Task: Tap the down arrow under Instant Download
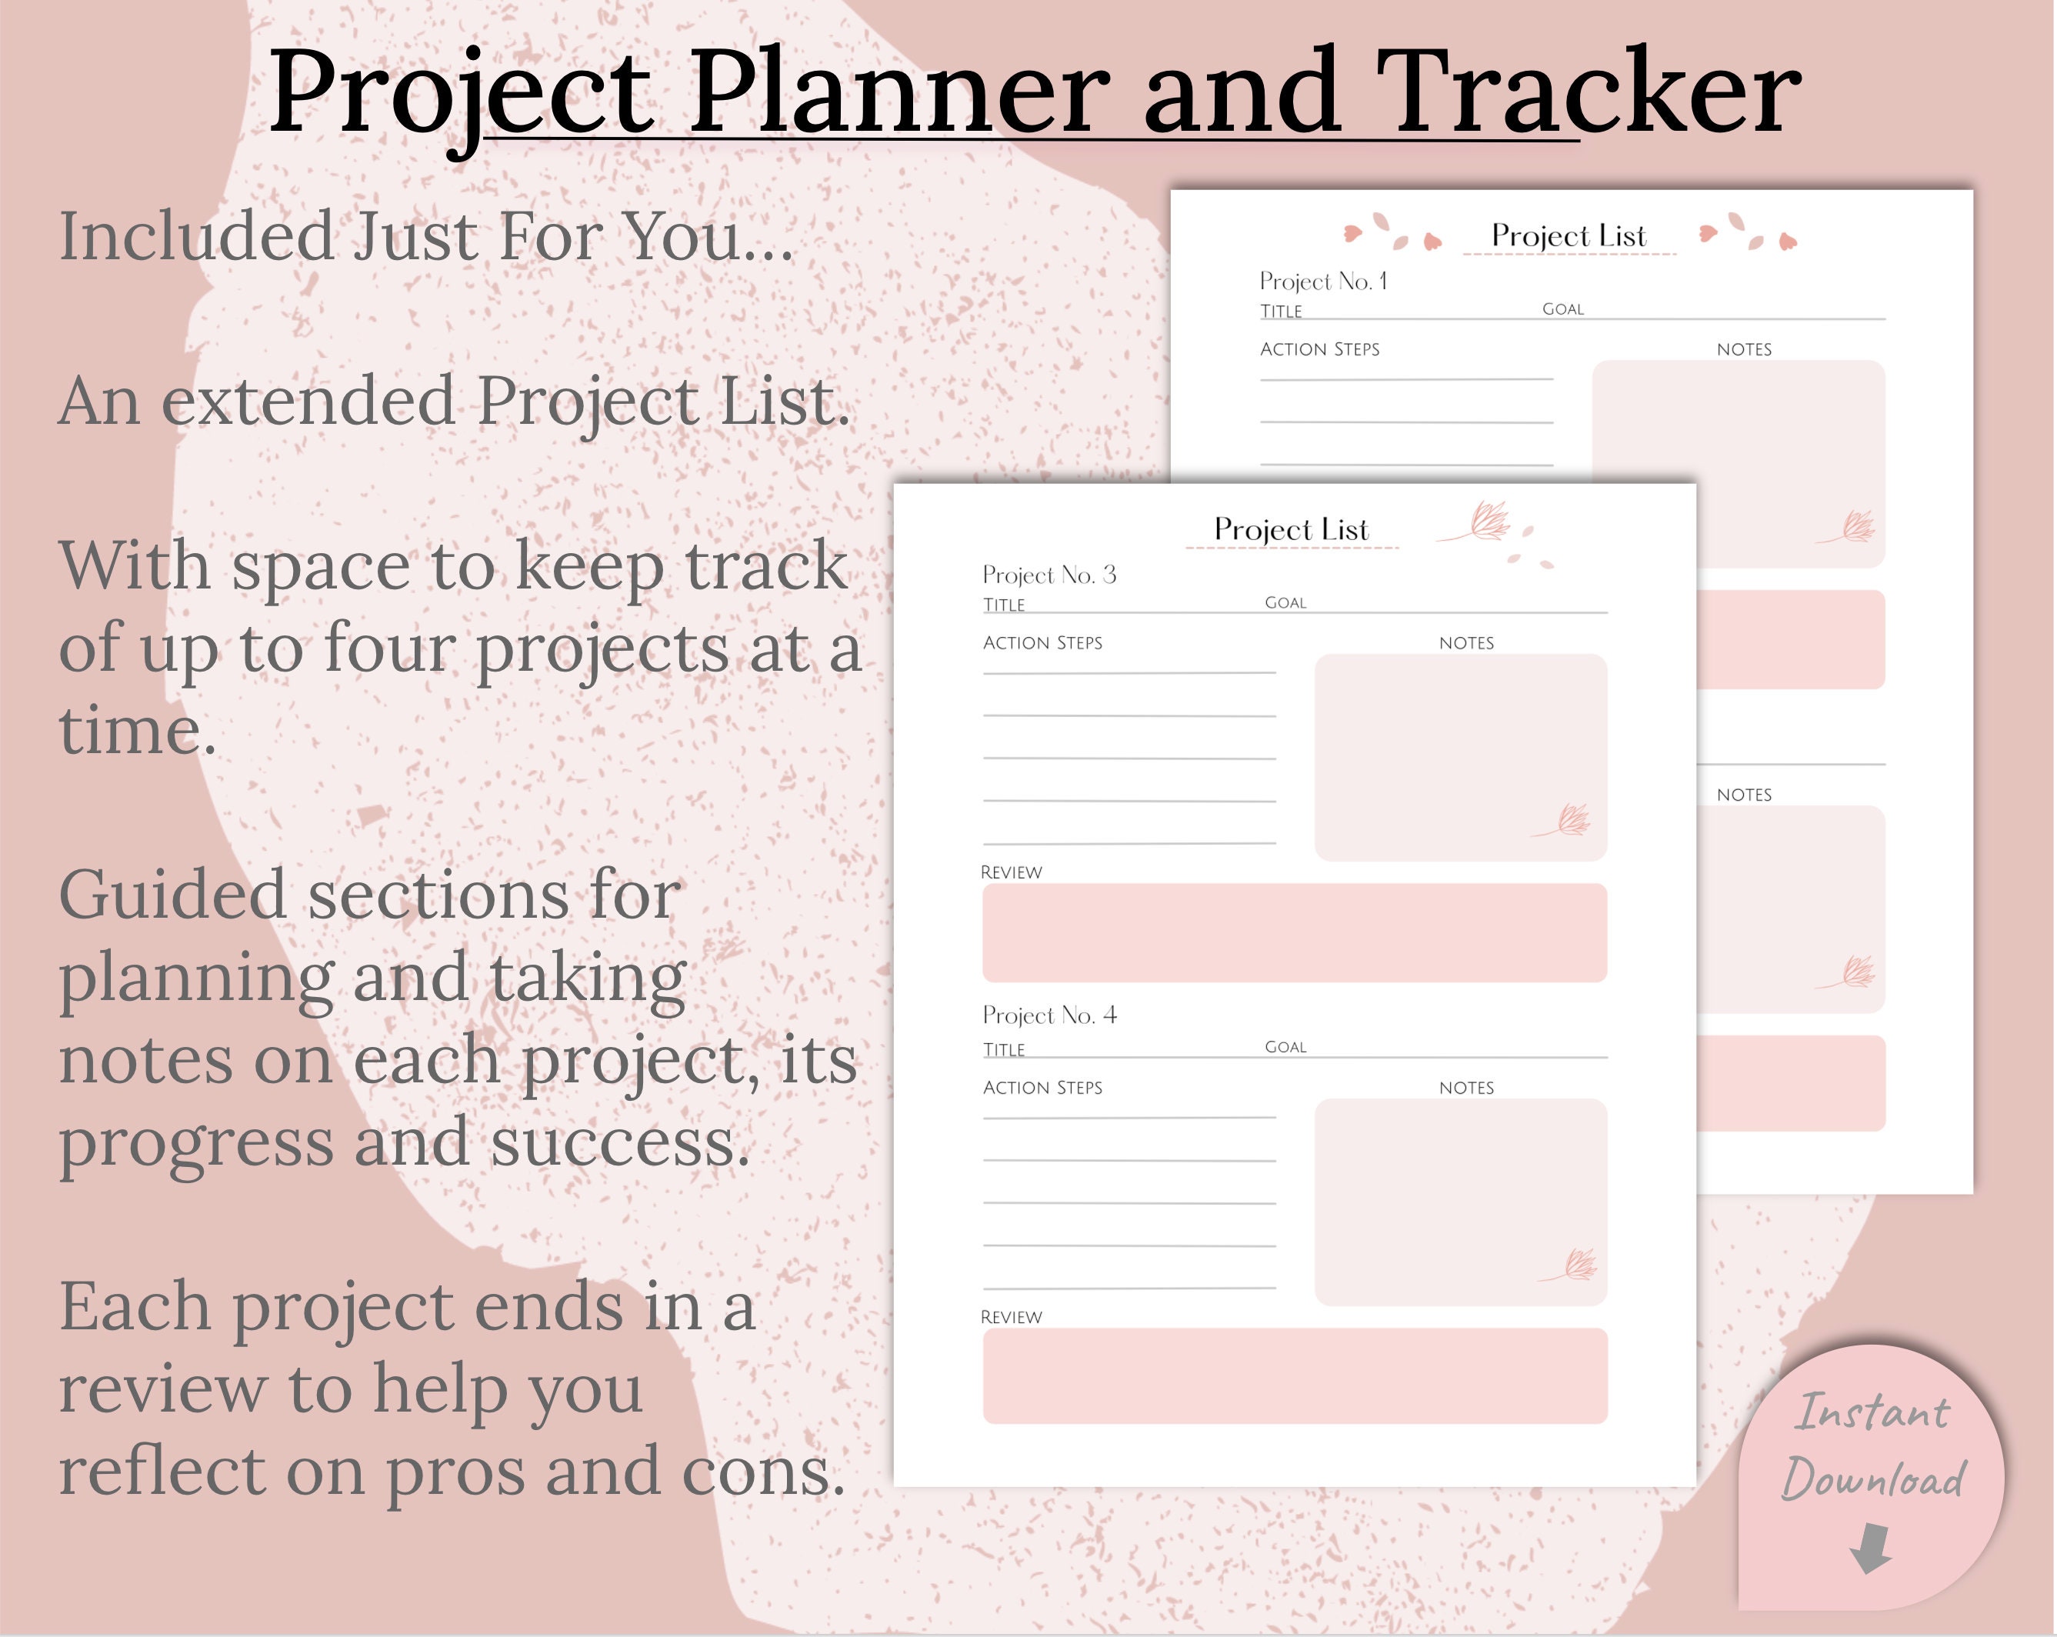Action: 1870,1546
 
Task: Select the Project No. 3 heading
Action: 1049,575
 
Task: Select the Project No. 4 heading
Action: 1049,1015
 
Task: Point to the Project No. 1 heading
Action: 1322,281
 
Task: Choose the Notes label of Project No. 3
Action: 1465,643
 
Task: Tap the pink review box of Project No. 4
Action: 1294,1375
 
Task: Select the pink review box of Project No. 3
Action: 1294,932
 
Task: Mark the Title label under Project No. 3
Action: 1004,605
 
